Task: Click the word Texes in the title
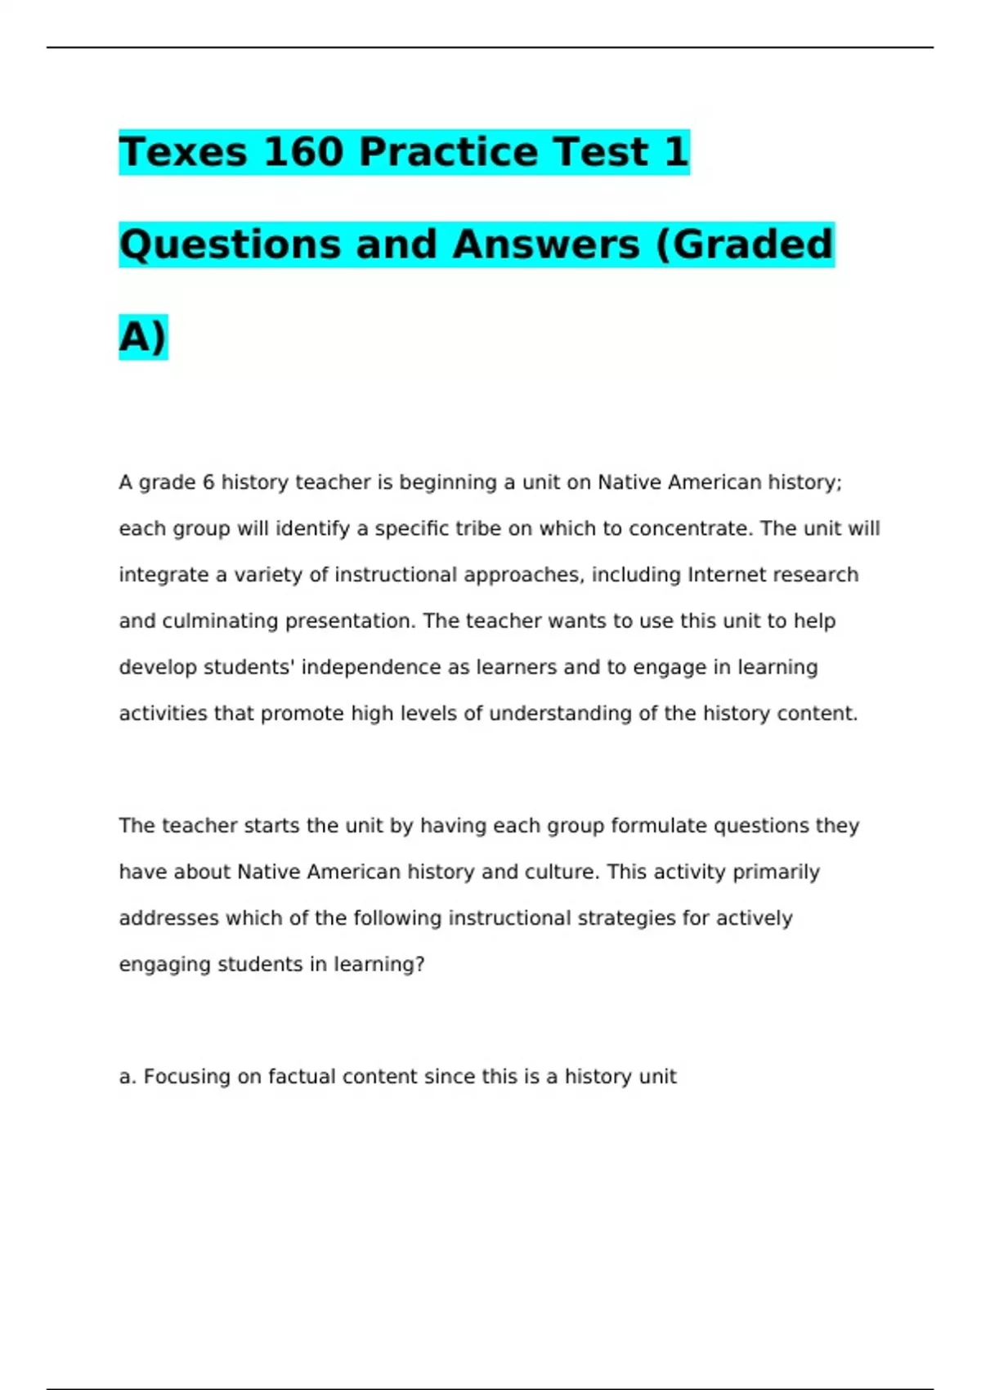[183, 152]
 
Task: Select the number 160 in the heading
[303, 152]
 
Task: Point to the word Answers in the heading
[546, 244]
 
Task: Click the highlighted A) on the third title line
[143, 337]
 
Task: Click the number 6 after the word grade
[208, 482]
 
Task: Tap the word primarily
[776, 872]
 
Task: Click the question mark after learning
[420, 965]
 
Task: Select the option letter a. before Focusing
[127, 1077]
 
